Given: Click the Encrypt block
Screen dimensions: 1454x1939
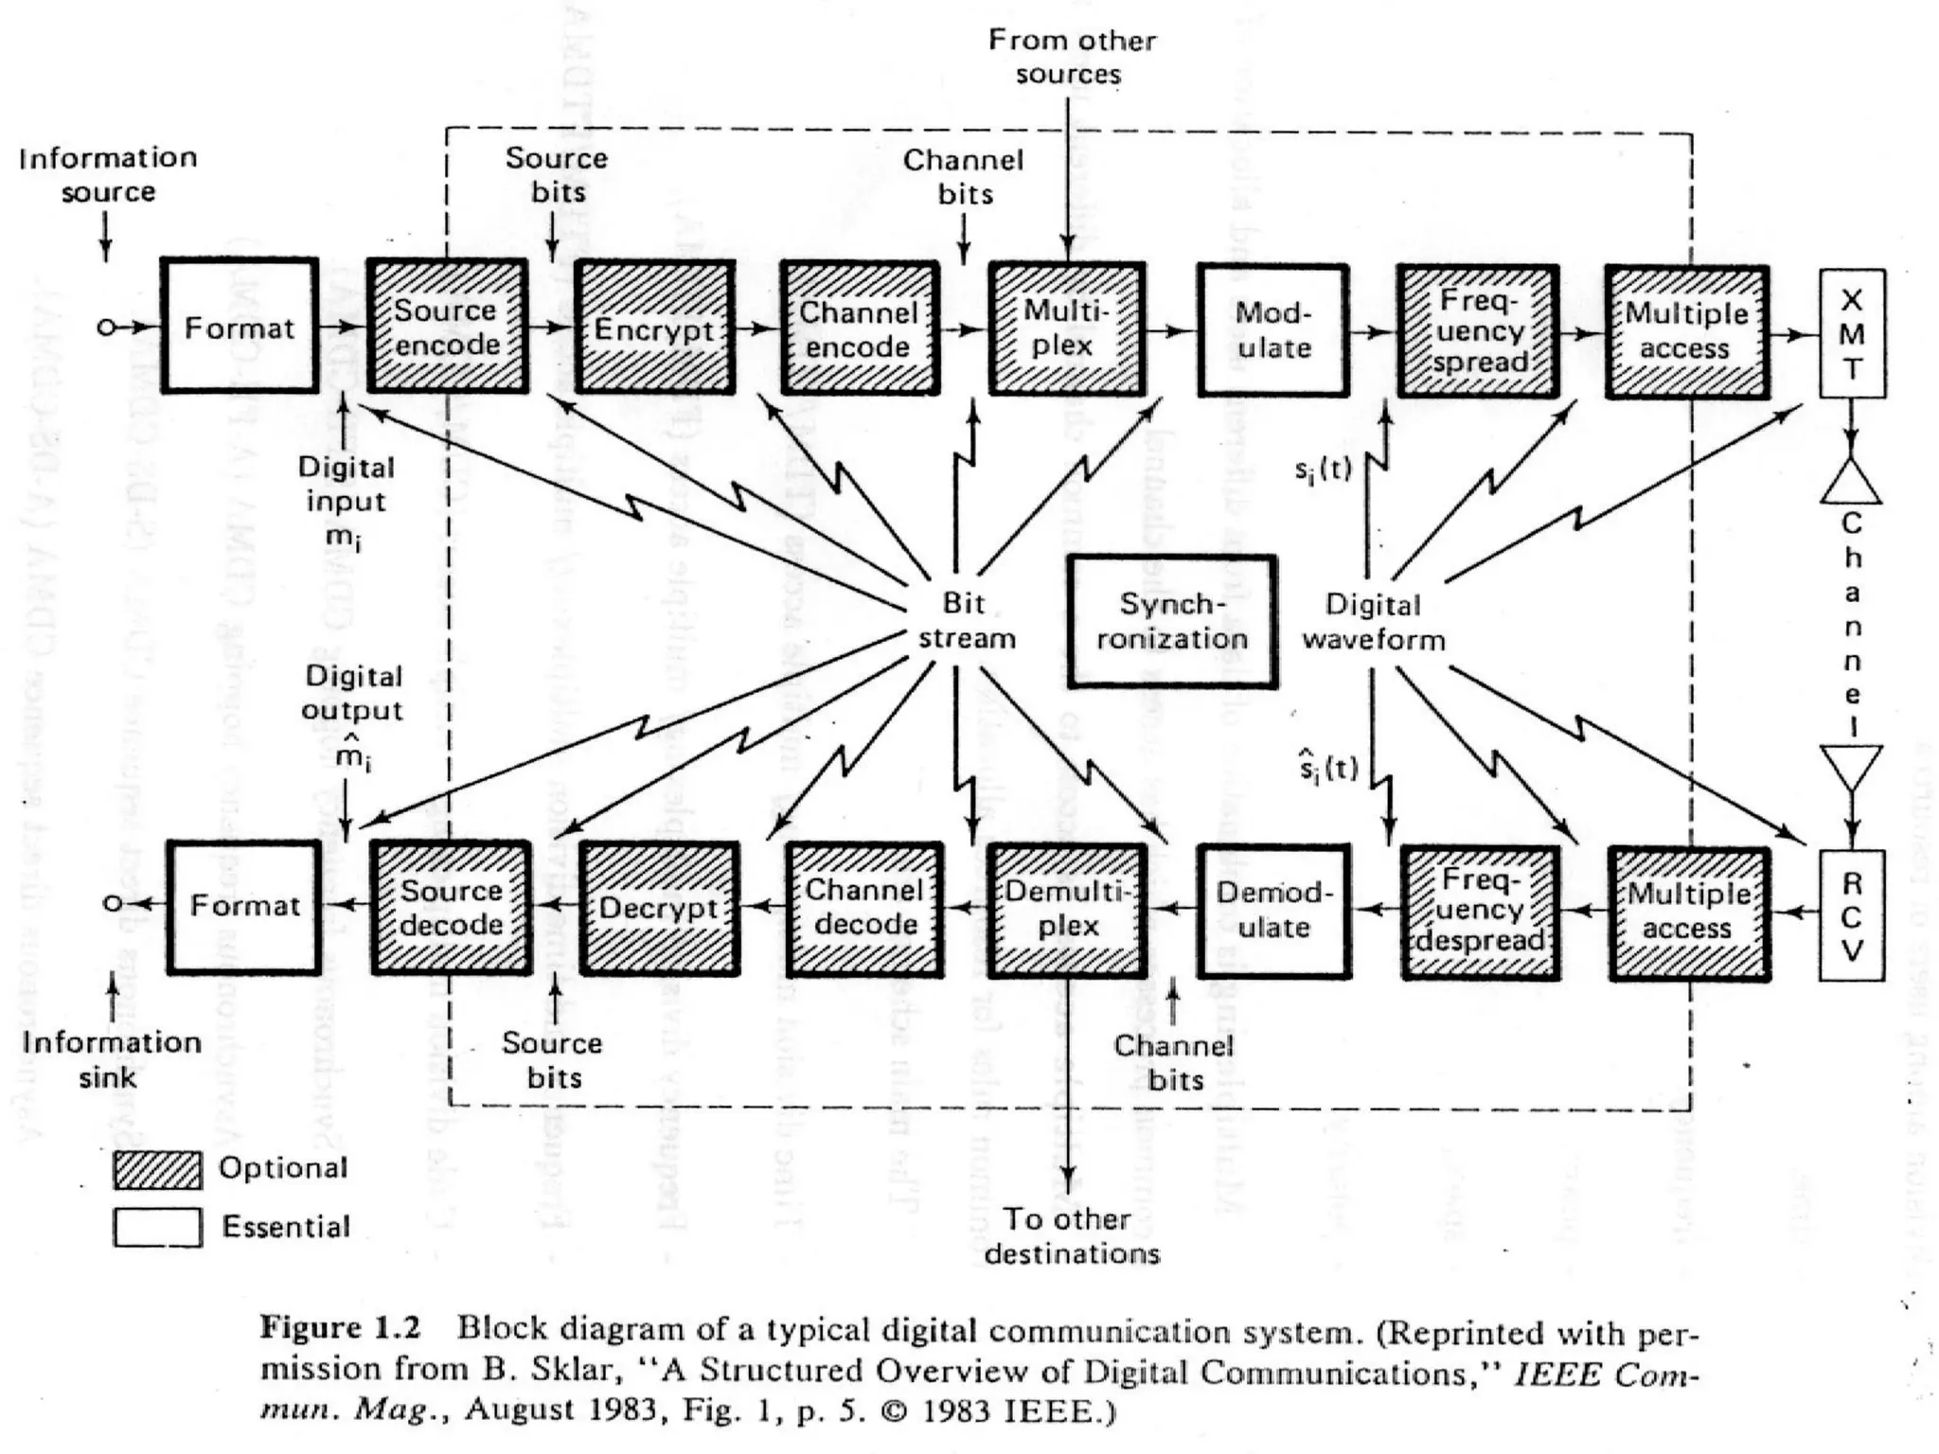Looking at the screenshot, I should [x=654, y=328].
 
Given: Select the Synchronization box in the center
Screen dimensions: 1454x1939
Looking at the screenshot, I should [x=1171, y=621].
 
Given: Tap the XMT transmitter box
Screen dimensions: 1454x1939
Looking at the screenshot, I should [x=1852, y=334].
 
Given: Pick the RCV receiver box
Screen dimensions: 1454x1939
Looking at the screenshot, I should [x=1851, y=915].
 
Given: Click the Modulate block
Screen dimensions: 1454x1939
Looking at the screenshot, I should [x=1272, y=329].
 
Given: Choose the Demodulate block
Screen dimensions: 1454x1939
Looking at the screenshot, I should [x=1273, y=910].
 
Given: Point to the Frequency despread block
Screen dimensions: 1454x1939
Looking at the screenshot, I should [x=1480, y=912].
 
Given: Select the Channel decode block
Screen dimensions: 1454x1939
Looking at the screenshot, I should [x=864, y=909].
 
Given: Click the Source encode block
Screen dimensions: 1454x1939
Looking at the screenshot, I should [x=447, y=327].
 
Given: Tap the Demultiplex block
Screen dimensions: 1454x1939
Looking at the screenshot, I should [x=1067, y=909].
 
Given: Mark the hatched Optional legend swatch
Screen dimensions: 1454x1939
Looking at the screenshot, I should [x=157, y=1170].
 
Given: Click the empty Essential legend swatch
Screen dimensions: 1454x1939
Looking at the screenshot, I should [x=157, y=1228].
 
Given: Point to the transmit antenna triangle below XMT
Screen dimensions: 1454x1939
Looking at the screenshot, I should [x=1851, y=483].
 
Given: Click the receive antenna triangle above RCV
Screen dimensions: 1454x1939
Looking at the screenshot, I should [x=1851, y=765].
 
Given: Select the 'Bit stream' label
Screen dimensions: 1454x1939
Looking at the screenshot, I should [x=966, y=621].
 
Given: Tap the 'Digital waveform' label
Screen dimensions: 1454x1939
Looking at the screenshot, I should [x=1373, y=622].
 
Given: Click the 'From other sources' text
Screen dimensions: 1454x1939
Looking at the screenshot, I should [x=1071, y=57].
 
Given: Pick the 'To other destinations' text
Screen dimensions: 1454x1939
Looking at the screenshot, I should [x=1071, y=1236].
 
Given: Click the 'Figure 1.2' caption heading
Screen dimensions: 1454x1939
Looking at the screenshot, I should [x=340, y=1328].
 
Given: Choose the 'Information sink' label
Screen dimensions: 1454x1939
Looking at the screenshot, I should [x=112, y=1059].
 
